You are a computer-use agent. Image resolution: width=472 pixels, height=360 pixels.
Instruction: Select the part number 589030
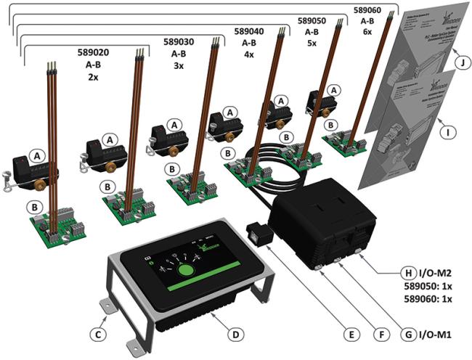[x=178, y=43]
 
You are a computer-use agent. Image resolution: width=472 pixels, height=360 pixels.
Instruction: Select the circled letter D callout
[x=234, y=335]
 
